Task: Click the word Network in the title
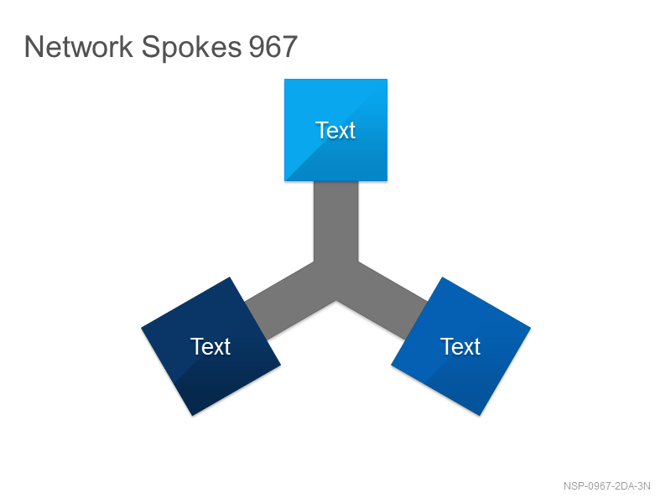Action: (79, 47)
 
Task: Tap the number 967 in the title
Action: (273, 47)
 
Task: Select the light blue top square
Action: (336, 130)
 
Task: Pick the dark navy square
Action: (211, 346)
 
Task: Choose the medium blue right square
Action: (460, 346)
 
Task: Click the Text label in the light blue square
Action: (335, 130)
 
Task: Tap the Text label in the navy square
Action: (211, 346)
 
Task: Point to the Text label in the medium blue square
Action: (460, 346)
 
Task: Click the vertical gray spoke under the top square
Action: (336, 221)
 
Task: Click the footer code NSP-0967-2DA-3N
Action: (606, 486)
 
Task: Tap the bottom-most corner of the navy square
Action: (193, 416)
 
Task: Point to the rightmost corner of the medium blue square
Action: (531, 328)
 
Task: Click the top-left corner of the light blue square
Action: (284, 79)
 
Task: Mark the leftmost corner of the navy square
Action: (141, 328)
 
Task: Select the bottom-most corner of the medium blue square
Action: (479, 416)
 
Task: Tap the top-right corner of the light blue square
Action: (388, 79)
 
